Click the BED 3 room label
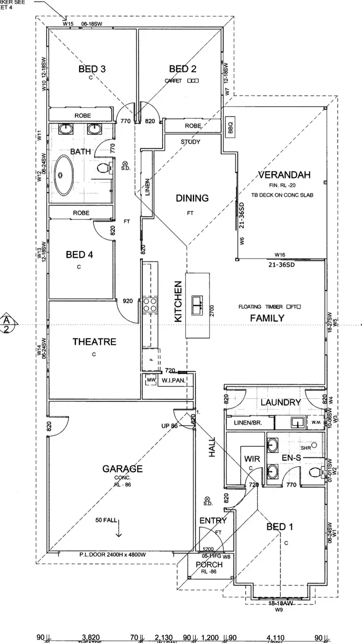pyautogui.click(x=92, y=69)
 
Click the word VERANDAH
pyautogui.click(x=284, y=175)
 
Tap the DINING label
pyautogui.click(x=192, y=198)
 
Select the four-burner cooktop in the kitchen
pyautogui.click(x=150, y=305)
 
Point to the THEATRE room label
pyautogui.click(x=94, y=342)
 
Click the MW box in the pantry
pyautogui.click(x=151, y=380)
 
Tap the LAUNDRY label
pyautogui.click(x=280, y=402)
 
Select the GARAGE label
pyautogui.click(x=122, y=468)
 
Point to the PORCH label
pyautogui.click(x=209, y=564)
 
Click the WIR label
pyautogui.click(x=252, y=459)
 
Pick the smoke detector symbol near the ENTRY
pyautogui.click(x=208, y=499)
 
